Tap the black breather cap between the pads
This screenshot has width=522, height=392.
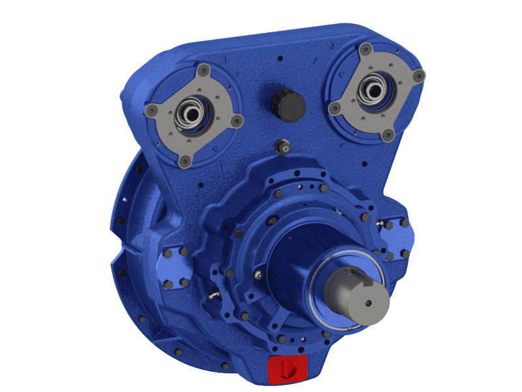288,105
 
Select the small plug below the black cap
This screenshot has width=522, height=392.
283,147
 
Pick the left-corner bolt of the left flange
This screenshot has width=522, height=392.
152,108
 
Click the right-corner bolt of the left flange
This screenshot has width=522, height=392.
238,120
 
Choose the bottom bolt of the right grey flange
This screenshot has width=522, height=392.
389,135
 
